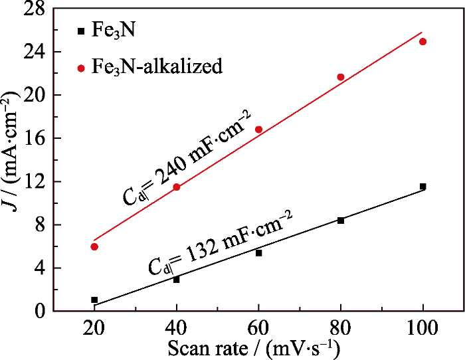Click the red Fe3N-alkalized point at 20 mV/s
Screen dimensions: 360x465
(x=94, y=246)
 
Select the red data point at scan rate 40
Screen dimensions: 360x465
(x=177, y=187)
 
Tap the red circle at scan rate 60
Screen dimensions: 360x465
(x=258, y=130)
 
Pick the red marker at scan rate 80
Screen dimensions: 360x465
(x=341, y=77)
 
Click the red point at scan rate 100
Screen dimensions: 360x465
(x=422, y=41)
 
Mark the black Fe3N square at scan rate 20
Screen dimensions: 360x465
(x=94, y=300)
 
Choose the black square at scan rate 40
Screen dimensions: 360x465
(x=177, y=280)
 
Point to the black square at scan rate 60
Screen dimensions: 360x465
(x=258, y=253)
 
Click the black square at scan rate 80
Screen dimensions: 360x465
(x=341, y=221)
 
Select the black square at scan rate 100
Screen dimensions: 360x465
(x=422, y=187)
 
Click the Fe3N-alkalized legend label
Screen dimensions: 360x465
(x=159, y=66)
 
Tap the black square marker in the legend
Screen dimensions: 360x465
(x=81, y=31)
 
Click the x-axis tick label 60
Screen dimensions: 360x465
(x=258, y=328)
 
